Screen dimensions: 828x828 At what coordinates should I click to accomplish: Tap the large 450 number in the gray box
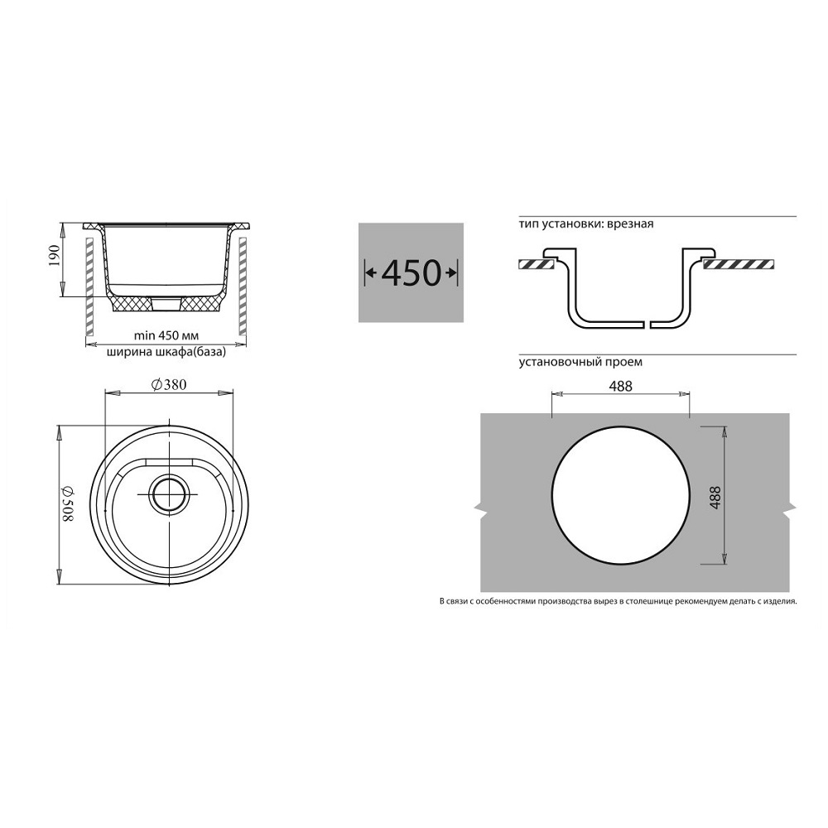[x=411, y=272]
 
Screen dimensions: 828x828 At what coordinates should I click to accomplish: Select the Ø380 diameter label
[x=169, y=385]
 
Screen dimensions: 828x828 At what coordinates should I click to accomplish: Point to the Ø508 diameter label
[x=69, y=503]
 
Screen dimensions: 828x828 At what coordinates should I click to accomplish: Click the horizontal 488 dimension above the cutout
[x=620, y=387]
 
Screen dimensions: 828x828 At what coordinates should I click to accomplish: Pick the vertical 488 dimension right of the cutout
[x=715, y=498]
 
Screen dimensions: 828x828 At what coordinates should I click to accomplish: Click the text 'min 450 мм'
[x=166, y=335]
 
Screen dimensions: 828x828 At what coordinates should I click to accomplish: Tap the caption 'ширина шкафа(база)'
[x=166, y=352]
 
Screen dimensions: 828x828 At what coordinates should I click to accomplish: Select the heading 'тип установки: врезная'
[x=586, y=224]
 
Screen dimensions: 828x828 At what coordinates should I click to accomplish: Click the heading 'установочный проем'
[x=580, y=363]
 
